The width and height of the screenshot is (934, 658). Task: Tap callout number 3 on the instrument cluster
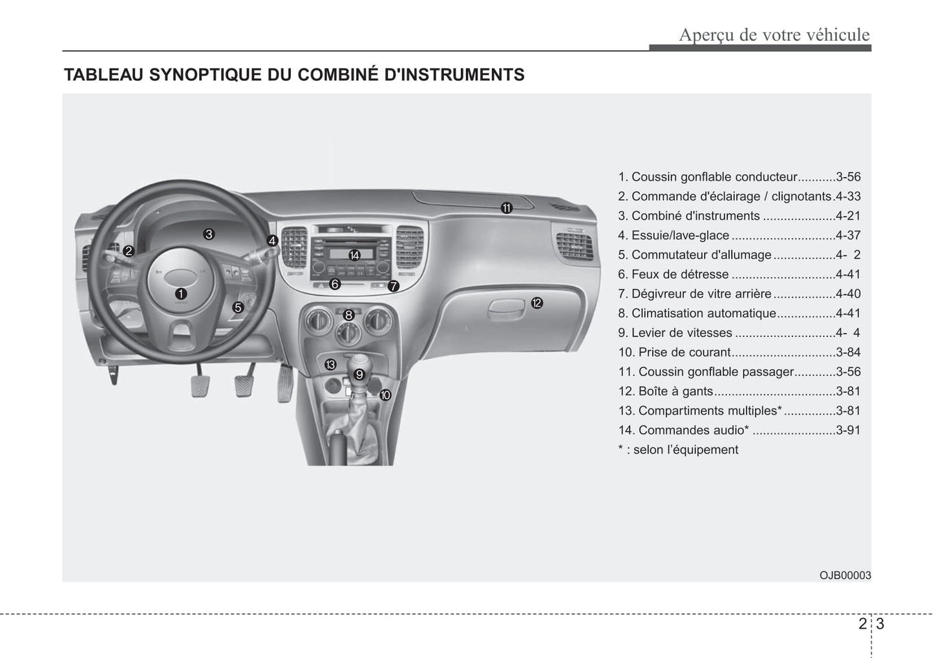(x=208, y=234)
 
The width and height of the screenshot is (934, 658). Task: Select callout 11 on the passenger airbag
(x=506, y=208)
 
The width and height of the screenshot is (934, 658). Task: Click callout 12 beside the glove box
(x=536, y=303)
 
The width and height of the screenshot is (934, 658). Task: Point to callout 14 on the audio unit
(x=354, y=255)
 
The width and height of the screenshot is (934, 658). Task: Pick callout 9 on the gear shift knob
(x=359, y=374)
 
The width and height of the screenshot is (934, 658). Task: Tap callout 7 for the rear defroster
(x=393, y=285)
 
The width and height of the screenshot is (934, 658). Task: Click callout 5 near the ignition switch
(x=238, y=308)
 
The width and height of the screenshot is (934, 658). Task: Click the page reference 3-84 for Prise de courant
(x=847, y=353)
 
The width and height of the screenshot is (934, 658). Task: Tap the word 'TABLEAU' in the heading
(x=103, y=75)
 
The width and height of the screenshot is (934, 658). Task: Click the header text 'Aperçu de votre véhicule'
(x=774, y=35)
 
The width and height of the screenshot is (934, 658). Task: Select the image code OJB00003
(x=845, y=575)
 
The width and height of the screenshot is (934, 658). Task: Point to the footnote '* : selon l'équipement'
(x=677, y=450)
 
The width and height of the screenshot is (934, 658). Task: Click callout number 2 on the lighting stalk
(x=129, y=251)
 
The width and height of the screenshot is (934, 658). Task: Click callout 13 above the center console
(x=330, y=365)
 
